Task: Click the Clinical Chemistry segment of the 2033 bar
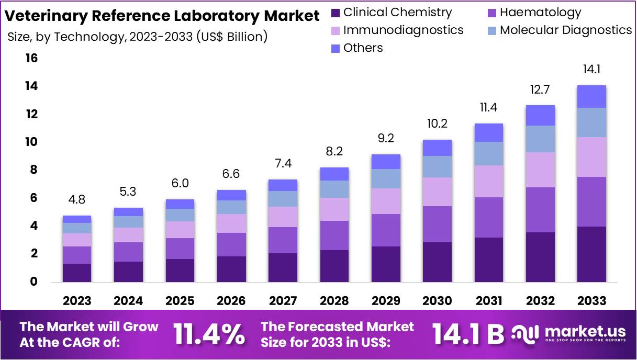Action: coord(591,254)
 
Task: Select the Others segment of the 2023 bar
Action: coord(77,219)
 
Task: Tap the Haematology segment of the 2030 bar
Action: coord(437,224)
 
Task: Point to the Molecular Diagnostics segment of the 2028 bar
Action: coord(334,189)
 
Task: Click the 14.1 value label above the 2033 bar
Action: coord(591,70)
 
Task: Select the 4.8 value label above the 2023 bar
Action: coord(77,200)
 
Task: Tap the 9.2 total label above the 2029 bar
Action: coord(386,138)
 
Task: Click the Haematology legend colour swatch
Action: coord(491,13)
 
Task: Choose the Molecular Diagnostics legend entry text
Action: coord(565,30)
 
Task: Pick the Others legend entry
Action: coord(363,48)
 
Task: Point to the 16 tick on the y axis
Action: coord(32,58)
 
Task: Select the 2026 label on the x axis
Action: coord(231,301)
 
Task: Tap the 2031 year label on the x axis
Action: coord(488,301)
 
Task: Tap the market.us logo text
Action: coord(585,331)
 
